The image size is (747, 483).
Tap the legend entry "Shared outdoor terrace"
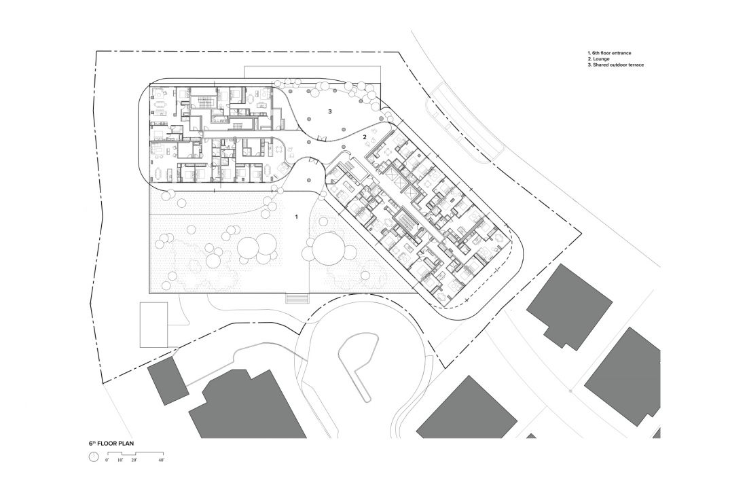[615, 65]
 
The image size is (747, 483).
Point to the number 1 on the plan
[296, 217]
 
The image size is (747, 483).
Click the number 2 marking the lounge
[365, 137]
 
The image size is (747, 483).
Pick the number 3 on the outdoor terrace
[329, 111]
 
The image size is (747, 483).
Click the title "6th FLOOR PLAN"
[111, 443]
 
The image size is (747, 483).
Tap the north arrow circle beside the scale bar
[94, 457]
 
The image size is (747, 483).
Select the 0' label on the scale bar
[107, 460]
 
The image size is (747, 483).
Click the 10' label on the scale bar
[120, 460]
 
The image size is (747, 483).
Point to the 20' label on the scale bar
[134, 460]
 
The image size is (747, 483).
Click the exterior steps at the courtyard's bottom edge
[297, 298]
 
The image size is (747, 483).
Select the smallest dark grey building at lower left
[168, 382]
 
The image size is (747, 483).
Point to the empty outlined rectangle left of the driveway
[154, 324]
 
